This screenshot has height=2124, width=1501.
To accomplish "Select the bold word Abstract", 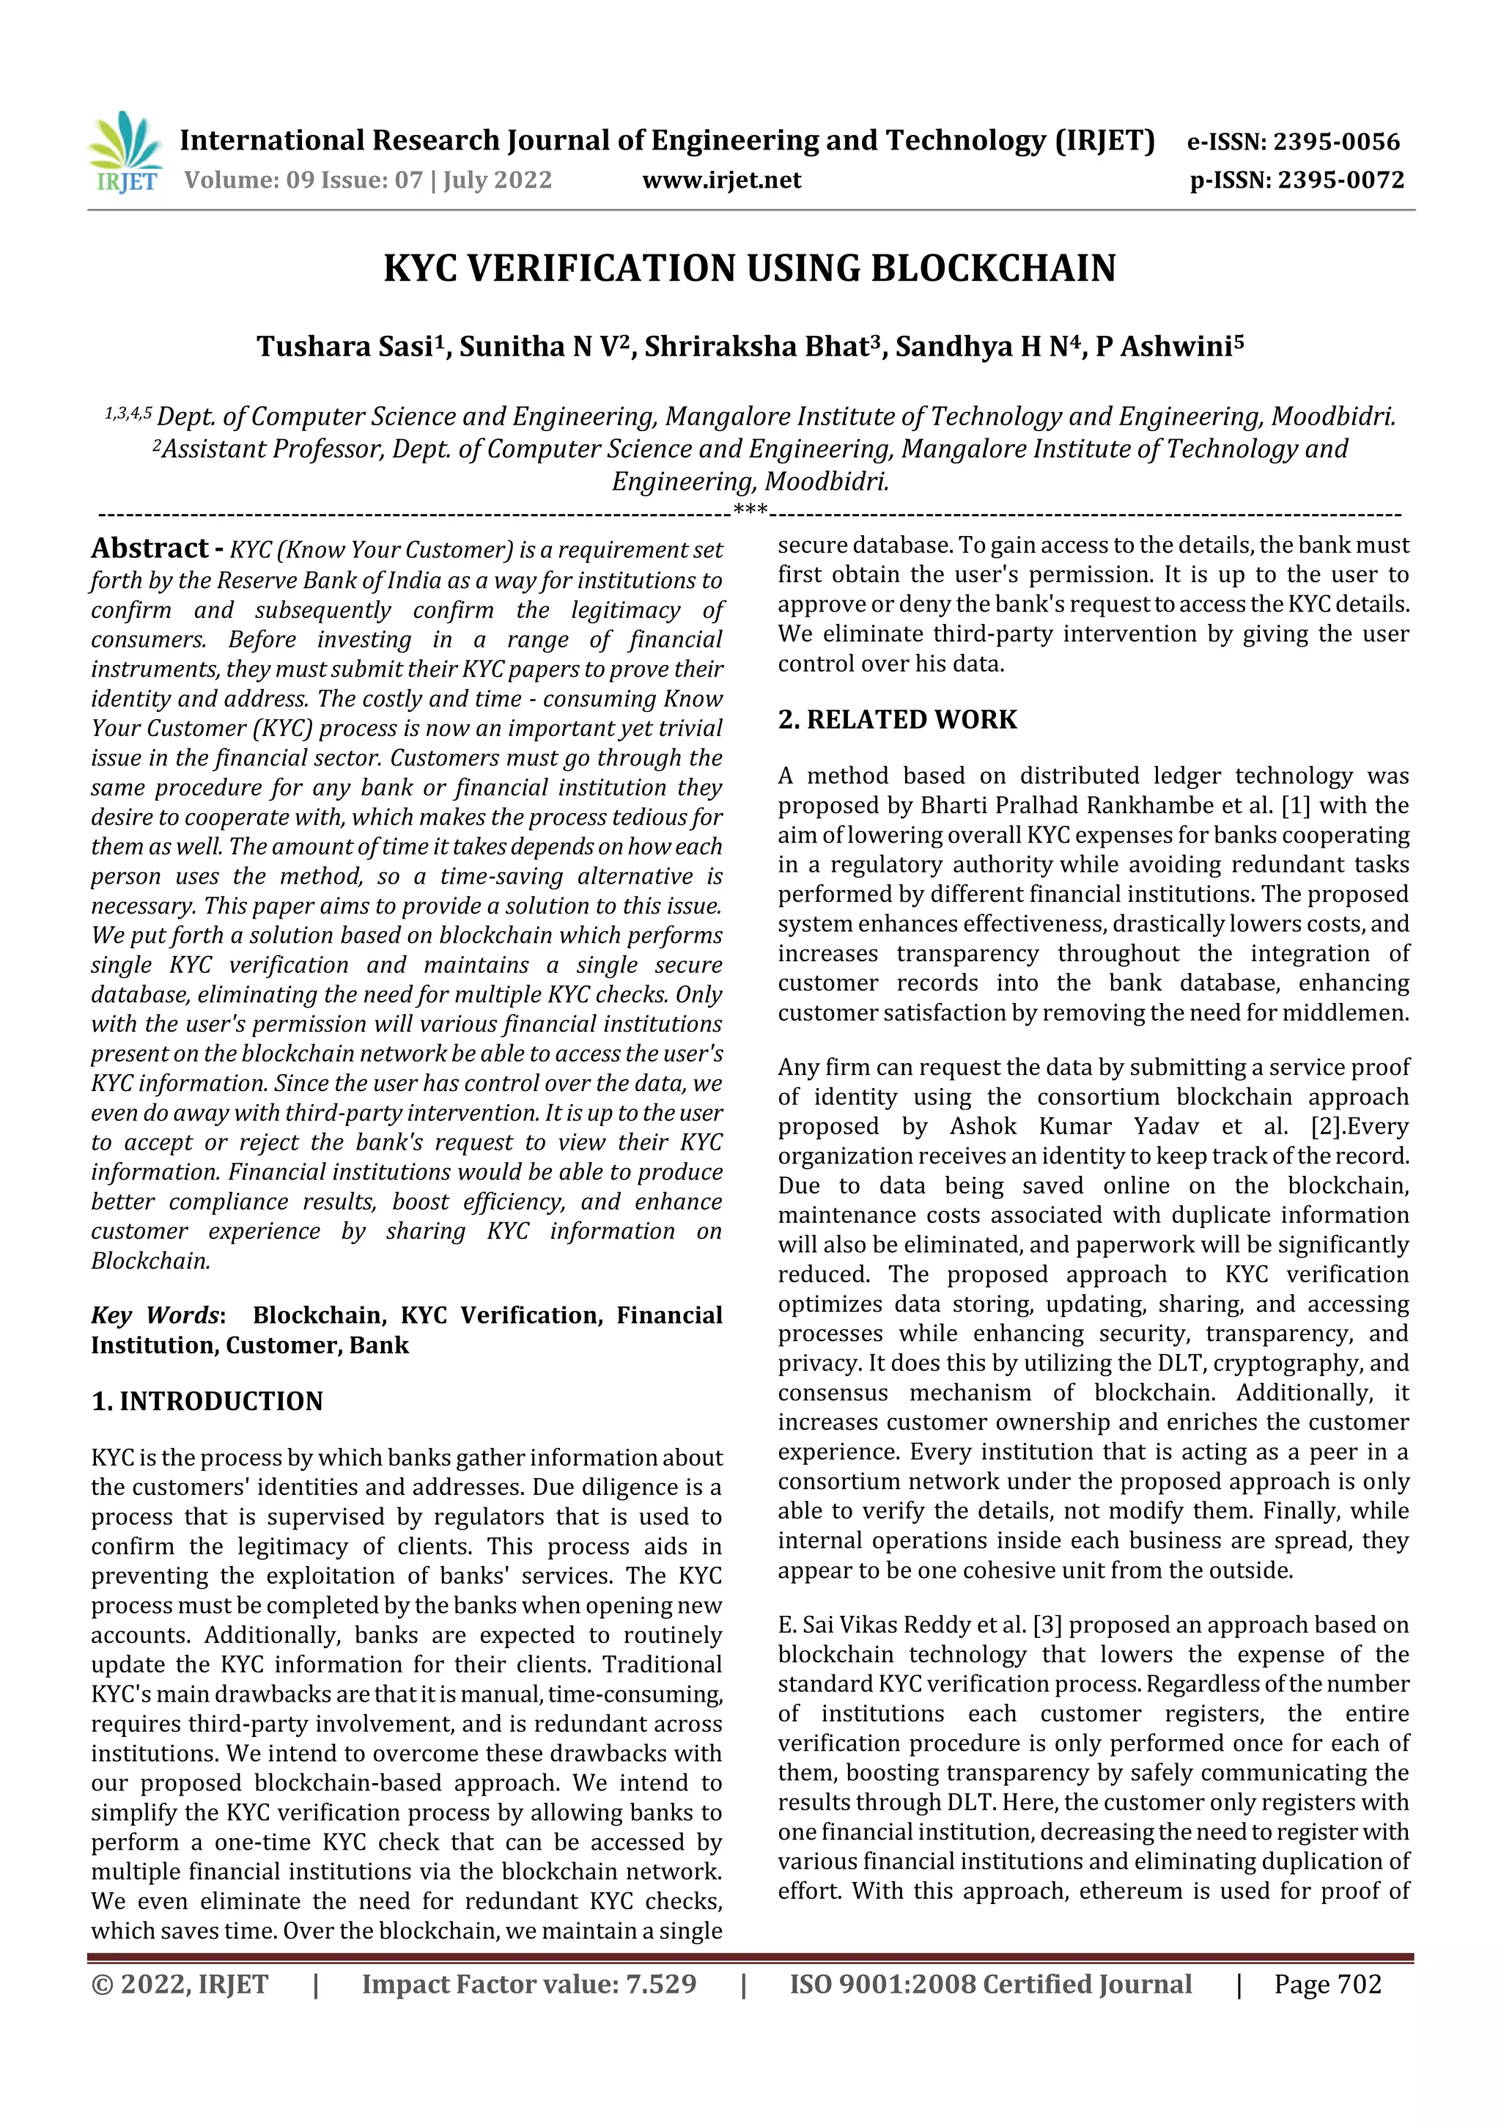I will pos(150,548).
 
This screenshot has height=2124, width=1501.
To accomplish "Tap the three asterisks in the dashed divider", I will pos(749,510).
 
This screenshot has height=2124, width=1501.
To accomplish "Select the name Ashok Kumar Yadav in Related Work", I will pos(1073,1126).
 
